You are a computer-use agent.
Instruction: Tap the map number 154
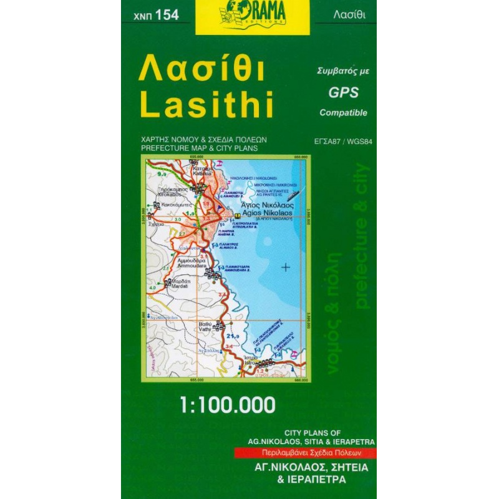(x=156, y=15)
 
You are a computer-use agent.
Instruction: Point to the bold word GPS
(x=343, y=92)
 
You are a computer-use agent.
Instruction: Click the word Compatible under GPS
(x=343, y=113)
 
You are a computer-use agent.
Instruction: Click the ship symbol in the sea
(x=292, y=194)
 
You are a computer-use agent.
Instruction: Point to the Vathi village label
(x=205, y=324)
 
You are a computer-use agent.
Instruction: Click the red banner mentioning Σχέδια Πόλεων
(x=305, y=453)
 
